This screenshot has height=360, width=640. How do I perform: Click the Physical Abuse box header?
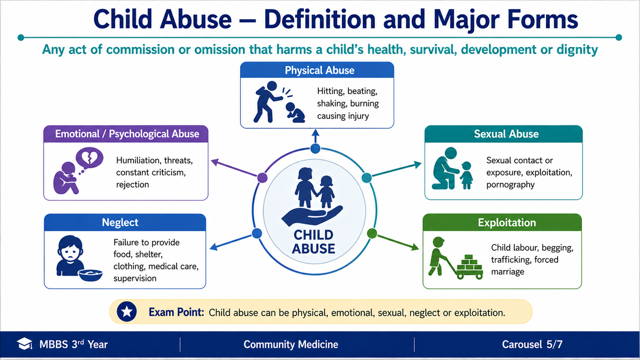(317, 70)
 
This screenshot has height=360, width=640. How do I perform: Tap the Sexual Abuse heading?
(506, 134)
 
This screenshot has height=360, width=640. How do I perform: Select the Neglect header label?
(120, 222)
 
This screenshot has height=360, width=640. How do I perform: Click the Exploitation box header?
(502, 222)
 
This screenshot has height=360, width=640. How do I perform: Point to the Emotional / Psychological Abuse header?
(126, 134)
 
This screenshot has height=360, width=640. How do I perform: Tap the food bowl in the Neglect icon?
(90, 275)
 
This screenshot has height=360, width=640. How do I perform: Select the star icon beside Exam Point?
(126, 312)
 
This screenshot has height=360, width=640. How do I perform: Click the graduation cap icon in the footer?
(25, 344)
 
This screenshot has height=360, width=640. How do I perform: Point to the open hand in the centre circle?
(312, 216)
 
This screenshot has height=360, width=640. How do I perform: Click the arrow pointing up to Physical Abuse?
(316, 136)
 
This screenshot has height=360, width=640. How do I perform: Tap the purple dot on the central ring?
(262, 178)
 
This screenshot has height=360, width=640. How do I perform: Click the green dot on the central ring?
(372, 234)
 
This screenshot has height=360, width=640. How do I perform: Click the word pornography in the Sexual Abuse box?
(510, 185)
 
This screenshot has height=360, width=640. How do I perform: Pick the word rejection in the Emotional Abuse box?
(132, 185)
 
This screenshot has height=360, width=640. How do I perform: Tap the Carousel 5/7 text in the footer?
(532, 344)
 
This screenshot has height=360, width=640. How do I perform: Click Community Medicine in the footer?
(291, 344)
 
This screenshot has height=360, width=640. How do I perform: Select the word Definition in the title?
(320, 20)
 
